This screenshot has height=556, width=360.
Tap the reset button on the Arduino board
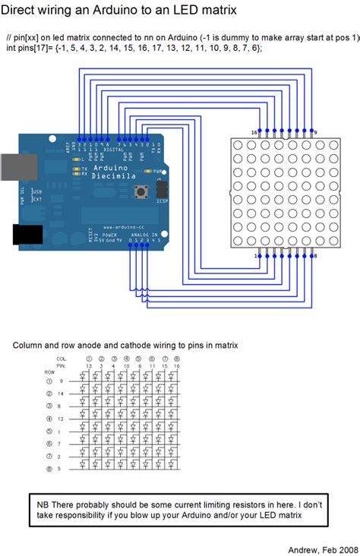[140, 193]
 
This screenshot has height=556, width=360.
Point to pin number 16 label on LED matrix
[254, 132]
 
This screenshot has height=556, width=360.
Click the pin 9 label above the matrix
[315, 132]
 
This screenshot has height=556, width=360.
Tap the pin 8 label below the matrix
[315, 257]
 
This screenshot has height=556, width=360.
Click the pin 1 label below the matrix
[256, 257]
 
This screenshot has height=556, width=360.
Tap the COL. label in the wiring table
[62, 358]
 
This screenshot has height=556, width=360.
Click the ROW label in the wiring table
[49, 372]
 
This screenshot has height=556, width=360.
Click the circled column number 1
[90, 358]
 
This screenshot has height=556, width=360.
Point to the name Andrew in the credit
[304, 548]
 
